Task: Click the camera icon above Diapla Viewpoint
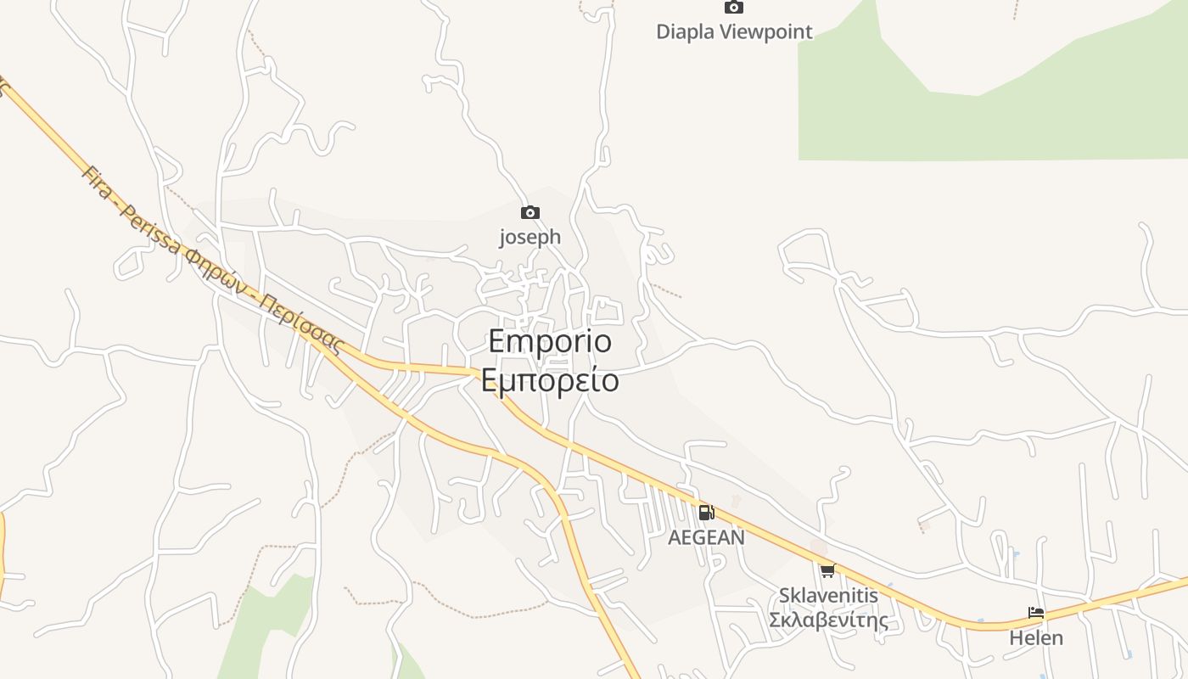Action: click(x=734, y=8)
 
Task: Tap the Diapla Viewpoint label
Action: click(x=734, y=32)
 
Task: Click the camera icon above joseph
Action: click(x=530, y=212)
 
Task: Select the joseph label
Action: click(x=530, y=237)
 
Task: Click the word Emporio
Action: click(x=550, y=341)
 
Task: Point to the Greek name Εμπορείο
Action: click(x=550, y=380)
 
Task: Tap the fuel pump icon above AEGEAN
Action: click(x=706, y=513)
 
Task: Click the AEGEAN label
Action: click(x=706, y=537)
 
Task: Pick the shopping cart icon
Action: click(x=827, y=570)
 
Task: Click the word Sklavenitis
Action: click(x=828, y=595)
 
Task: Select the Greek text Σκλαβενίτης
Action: click(x=828, y=620)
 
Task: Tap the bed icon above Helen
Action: click(x=1036, y=613)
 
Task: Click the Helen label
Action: click(x=1036, y=637)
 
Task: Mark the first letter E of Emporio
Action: click(x=498, y=341)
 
